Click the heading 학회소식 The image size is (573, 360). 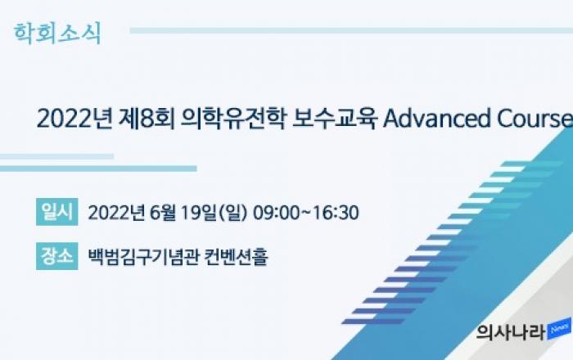click(x=57, y=34)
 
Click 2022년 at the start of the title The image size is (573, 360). click(x=74, y=119)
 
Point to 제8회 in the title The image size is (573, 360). click(x=147, y=119)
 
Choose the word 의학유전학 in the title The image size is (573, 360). click(x=232, y=119)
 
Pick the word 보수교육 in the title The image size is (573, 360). click(x=334, y=119)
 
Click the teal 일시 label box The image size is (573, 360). click(x=57, y=212)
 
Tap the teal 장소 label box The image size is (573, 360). click(x=57, y=256)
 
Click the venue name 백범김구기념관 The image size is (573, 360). click(x=143, y=257)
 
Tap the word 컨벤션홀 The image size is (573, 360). click(x=236, y=257)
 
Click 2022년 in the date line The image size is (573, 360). click(x=116, y=213)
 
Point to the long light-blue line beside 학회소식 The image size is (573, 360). click(x=351, y=30)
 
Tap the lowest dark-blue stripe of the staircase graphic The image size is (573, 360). click(x=373, y=322)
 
